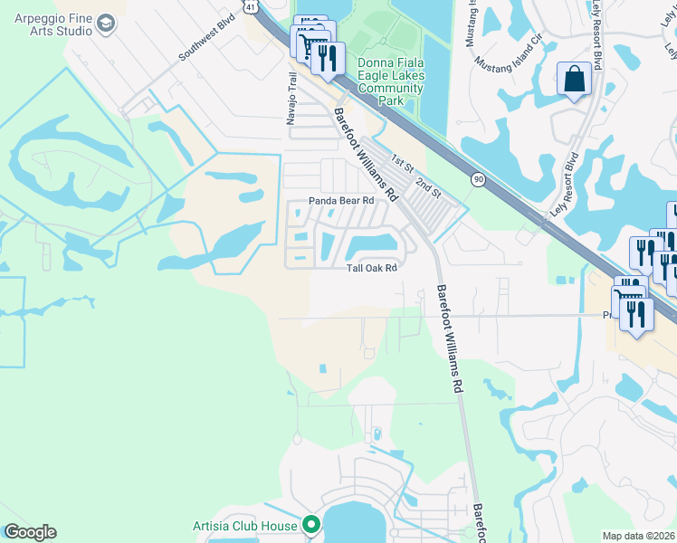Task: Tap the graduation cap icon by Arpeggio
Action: [x=107, y=23]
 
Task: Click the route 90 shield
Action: [x=478, y=181]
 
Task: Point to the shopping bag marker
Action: [x=574, y=80]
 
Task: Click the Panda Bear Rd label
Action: [x=341, y=200]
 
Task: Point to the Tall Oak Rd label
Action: [x=373, y=268]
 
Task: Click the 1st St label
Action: [x=401, y=161]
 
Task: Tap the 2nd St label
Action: [x=427, y=187]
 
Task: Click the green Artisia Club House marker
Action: [x=312, y=525]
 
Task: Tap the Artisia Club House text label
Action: [x=246, y=526]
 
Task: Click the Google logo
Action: [x=29, y=532]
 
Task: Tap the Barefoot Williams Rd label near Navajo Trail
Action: [x=366, y=155]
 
